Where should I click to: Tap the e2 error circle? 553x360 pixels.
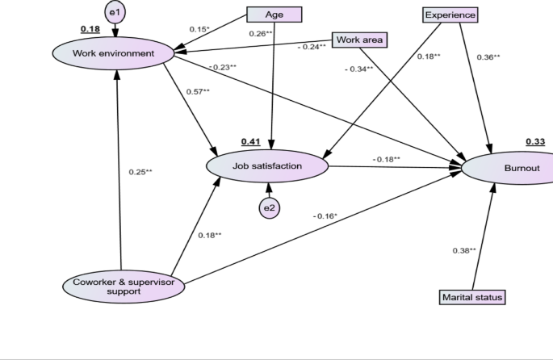(269, 208)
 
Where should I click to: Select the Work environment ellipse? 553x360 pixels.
(114, 52)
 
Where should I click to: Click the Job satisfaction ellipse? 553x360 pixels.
(267, 166)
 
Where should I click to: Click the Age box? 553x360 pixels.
(274, 14)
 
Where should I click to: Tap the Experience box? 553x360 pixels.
(450, 14)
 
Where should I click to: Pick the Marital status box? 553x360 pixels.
(472, 297)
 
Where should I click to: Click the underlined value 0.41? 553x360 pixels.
(250, 142)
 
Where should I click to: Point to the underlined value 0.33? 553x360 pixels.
(535, 142)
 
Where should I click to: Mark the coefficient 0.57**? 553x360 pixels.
(198, 91)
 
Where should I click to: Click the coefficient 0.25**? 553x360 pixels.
(140, 171)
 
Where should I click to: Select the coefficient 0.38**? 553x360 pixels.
(464, 250)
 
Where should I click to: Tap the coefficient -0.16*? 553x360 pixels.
(325, 216)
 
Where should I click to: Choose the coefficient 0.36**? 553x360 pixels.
(488, 57)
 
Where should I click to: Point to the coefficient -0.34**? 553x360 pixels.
(358, 69)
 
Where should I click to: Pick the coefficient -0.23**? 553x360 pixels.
(222, 67)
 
